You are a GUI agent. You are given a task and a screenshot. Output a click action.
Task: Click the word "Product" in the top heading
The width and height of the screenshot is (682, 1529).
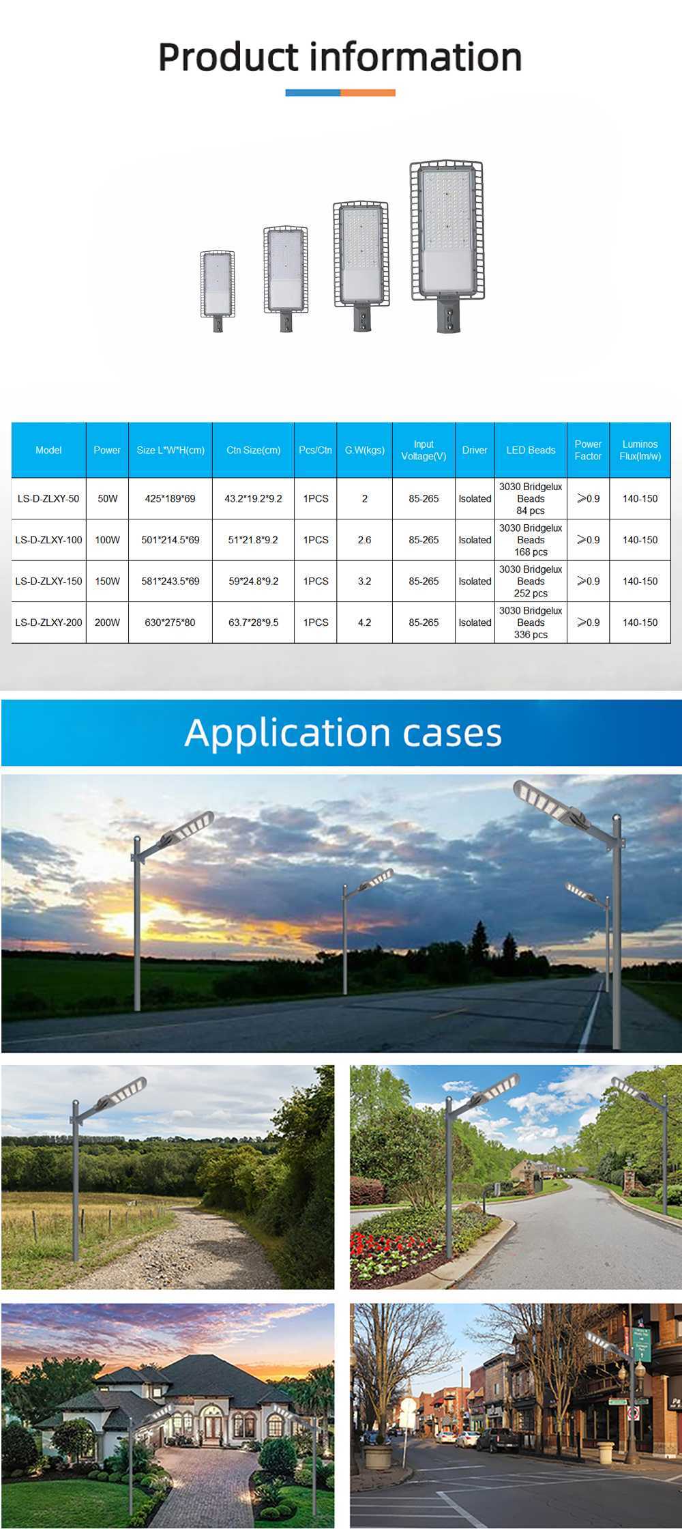point(228,57)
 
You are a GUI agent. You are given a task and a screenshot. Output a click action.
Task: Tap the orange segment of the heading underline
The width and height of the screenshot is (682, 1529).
point(368,93)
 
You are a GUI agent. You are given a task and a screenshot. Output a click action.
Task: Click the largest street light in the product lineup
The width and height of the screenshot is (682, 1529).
point(447,246)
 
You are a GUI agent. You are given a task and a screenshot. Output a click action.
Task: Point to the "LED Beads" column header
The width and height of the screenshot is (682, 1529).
point(531,450)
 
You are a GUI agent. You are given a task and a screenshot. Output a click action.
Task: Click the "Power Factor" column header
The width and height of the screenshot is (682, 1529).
point(588,450)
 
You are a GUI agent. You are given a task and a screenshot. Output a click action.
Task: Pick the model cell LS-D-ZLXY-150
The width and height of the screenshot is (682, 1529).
point(48,581)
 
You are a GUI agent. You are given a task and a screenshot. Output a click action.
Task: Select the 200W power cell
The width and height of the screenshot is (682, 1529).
point(107,623)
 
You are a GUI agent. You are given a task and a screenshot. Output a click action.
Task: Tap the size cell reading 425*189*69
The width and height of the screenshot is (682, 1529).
point(170,498)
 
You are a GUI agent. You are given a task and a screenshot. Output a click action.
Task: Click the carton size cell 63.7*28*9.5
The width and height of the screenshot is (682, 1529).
point(253,623)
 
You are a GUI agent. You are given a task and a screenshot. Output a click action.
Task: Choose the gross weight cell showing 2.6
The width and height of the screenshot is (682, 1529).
point(364,540)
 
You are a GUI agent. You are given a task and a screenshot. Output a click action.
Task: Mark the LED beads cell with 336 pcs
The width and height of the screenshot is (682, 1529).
point(531,623)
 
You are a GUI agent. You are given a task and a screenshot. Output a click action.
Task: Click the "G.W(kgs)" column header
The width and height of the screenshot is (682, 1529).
point(364,450)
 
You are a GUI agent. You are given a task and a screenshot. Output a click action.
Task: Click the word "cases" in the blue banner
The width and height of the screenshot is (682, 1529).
point(452,733)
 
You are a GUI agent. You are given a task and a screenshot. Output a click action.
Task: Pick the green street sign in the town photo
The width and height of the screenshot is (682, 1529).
point(641,1345)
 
